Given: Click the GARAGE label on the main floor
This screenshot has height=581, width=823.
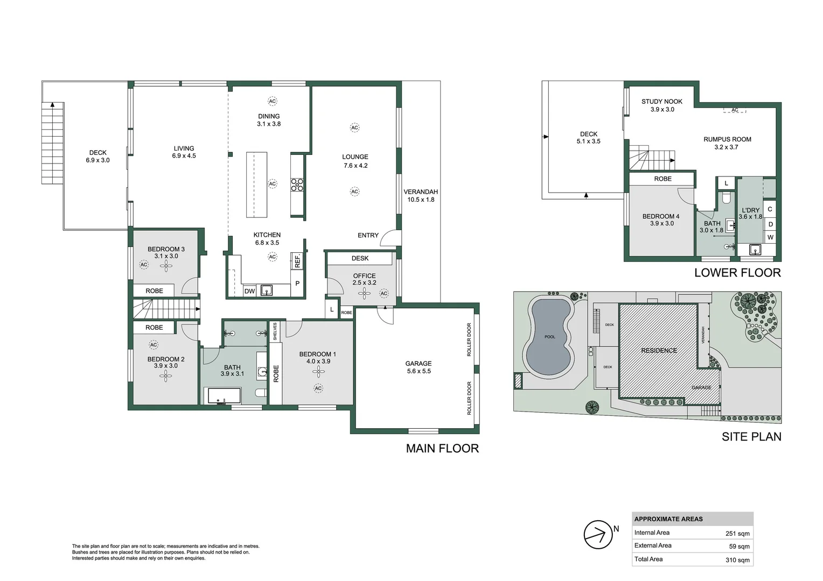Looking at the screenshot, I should (x=419, y=364).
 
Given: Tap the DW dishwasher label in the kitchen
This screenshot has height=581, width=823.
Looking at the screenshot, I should (x=249, y=291).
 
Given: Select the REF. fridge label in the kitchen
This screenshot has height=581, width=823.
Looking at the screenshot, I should (x=297, y=261).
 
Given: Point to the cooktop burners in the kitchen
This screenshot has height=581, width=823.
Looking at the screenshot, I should (x=297, y=185).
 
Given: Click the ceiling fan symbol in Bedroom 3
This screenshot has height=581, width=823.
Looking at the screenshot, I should (x=166, y=265).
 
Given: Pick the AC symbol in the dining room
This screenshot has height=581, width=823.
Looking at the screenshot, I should (x=273, y=101).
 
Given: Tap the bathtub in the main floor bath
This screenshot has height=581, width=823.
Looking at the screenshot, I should (x=225, y=396).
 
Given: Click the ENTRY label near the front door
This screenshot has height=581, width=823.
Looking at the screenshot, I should (x=368, y=235).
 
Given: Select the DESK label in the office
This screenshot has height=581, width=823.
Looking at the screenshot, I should (x=360, y=258).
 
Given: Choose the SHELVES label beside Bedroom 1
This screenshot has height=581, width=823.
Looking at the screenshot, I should (x=275, y=331).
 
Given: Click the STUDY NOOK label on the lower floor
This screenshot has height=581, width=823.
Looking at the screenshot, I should (x=661, y=101).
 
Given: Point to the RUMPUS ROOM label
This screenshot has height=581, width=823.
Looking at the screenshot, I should (x=727, y=139).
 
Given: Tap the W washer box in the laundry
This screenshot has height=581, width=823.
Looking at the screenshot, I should (x=770, y=237).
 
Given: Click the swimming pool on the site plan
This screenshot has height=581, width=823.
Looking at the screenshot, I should (x=549, y=337).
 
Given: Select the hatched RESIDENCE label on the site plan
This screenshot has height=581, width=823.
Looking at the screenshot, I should (x=659, y=350).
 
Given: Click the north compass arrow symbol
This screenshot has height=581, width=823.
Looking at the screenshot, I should (x=598, y=535).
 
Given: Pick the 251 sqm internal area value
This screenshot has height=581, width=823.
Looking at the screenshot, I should (x=737, y=534).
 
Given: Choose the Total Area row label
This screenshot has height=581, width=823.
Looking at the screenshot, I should (x=648, y=559).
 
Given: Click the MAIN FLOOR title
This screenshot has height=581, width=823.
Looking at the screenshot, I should (x=442, y=448).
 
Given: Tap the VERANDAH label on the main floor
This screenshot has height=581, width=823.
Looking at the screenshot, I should (x=421, y=192).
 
